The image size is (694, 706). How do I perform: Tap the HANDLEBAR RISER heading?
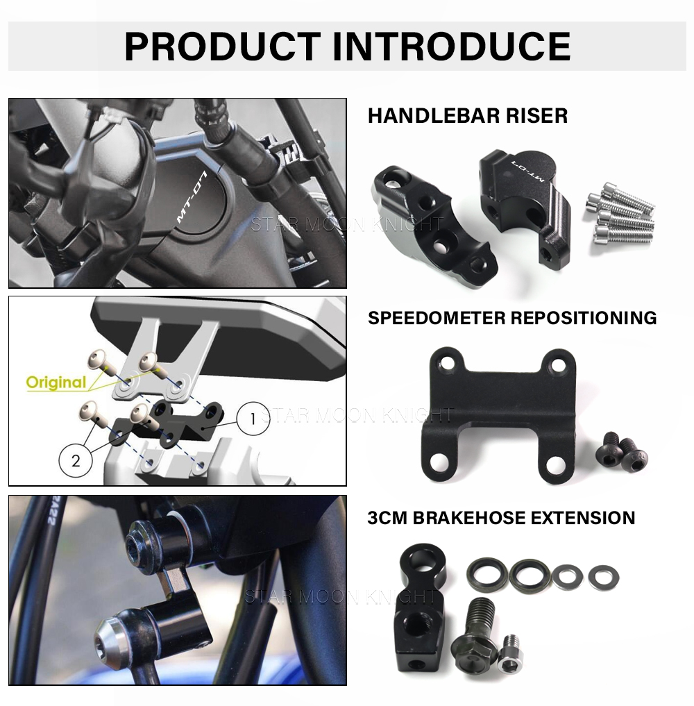(x=467, y=116)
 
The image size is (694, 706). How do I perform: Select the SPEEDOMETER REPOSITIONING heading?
(x=512, y=318)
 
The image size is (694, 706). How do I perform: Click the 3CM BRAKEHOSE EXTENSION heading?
(x=501, y=518)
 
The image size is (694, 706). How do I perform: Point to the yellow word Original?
(x=56, y=382)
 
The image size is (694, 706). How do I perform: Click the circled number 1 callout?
(x=253, y=419)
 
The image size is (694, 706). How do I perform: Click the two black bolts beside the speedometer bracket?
(x=621, y=453)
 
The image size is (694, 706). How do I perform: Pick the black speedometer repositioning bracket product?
(x=498, y=414)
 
